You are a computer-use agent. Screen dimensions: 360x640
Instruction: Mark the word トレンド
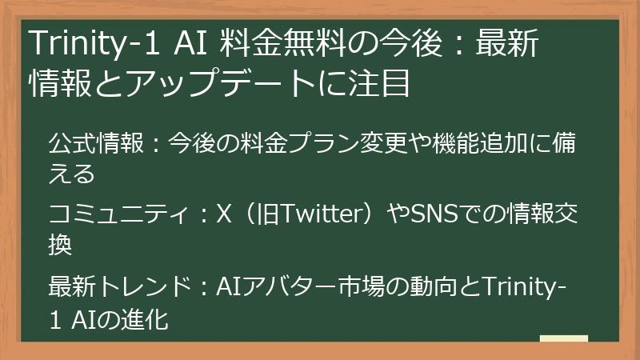(144, 284)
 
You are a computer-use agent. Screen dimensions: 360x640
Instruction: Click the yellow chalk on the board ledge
(563, 339)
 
